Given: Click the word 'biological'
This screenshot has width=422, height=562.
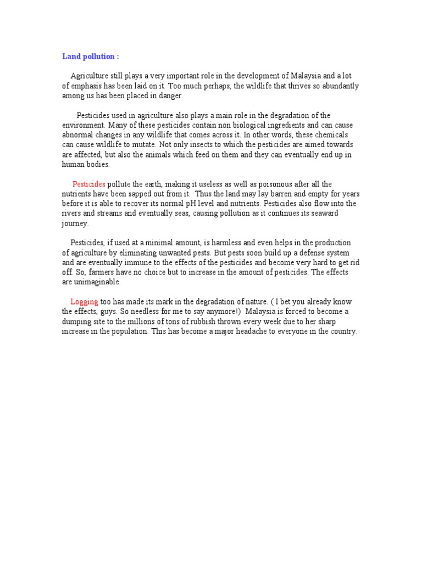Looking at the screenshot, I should pyautogui.click(x=243, y=125).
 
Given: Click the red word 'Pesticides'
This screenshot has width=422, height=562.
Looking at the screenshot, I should pyautogui.click(x=89, y=184).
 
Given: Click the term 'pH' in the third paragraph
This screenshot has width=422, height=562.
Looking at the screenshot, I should pyautogui.click(x=196, y=204).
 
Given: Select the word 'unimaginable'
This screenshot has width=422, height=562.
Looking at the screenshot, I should pyautogui.click(x=97, y=282).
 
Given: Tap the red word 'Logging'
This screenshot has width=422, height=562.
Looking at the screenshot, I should pyautogui.click(x=85, y=302).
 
